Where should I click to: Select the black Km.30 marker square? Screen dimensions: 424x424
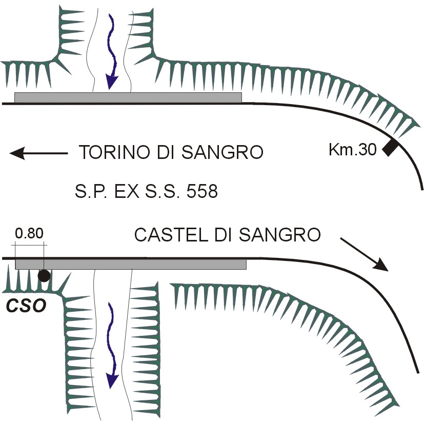point(390,148)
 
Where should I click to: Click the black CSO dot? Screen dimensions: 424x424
point(44,276)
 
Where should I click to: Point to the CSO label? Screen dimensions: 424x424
point(26,306)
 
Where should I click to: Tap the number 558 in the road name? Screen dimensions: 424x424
point(201,192)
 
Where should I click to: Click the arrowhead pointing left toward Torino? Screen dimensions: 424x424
point(18,153)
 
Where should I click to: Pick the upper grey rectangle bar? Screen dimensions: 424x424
point(128,97)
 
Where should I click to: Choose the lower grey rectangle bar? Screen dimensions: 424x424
point(131,265)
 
